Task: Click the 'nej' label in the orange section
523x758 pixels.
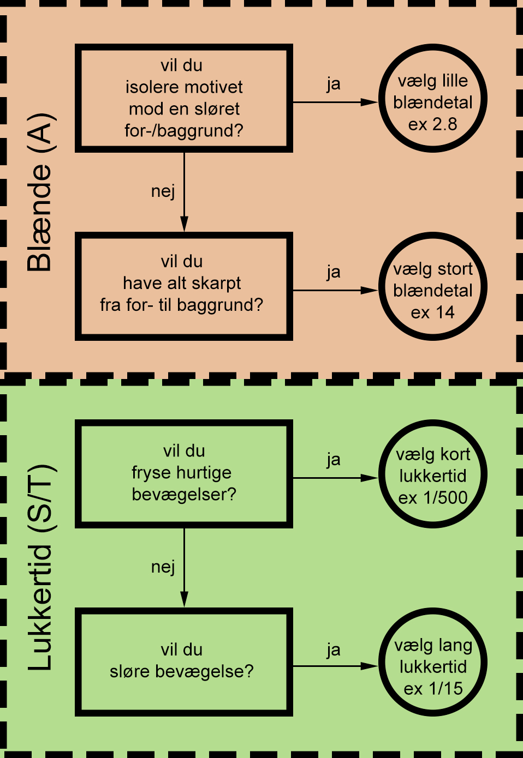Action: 163,192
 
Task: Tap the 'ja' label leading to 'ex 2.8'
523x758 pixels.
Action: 334,85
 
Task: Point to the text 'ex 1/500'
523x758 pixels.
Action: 433,498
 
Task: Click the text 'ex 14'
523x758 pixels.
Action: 433,312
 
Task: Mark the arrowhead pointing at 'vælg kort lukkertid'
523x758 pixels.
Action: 369,478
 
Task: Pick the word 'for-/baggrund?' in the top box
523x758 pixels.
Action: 184,131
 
